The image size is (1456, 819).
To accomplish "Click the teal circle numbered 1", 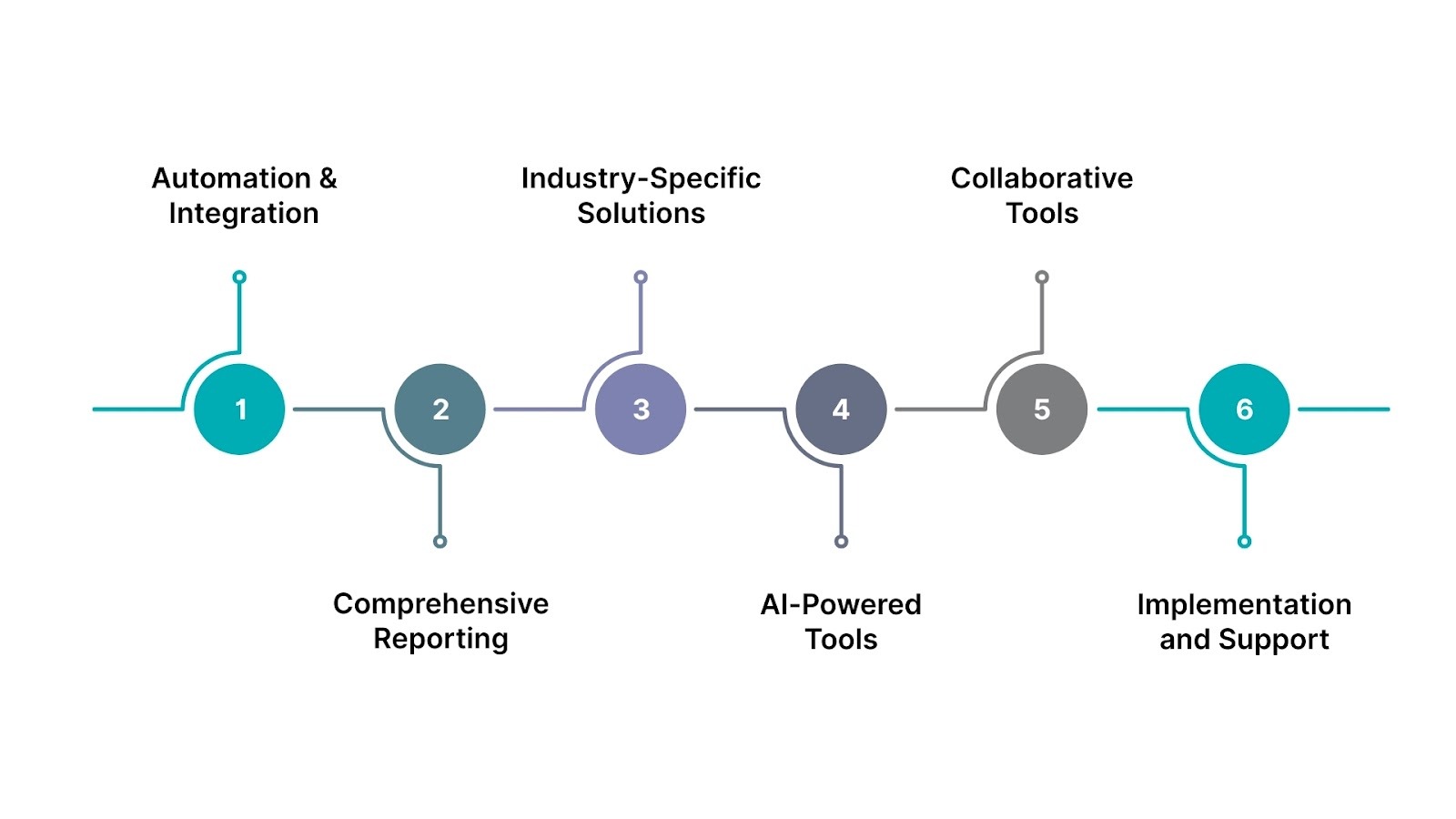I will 239,409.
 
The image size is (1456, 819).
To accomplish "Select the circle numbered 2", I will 440,409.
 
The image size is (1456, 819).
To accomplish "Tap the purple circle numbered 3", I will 641,409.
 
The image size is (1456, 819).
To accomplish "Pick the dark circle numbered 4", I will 841,409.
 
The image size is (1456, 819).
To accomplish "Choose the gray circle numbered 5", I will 1042,409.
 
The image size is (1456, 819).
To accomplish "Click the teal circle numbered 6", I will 1244,409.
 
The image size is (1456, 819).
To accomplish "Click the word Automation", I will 231,178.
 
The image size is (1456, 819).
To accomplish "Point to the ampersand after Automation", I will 328,178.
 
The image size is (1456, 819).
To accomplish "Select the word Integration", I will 244,213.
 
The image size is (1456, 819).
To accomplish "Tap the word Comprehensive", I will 440,604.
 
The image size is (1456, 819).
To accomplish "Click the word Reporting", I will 440,639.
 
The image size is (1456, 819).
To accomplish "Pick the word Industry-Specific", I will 641,178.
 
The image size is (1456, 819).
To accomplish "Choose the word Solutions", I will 641,213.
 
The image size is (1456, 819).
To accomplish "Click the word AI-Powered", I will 841,604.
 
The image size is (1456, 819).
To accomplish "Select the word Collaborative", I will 1042,178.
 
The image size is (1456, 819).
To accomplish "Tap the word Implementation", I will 1244,604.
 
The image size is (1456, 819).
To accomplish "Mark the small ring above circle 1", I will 239,278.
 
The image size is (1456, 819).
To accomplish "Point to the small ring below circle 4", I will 841,541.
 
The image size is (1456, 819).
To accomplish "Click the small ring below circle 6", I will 1244,541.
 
